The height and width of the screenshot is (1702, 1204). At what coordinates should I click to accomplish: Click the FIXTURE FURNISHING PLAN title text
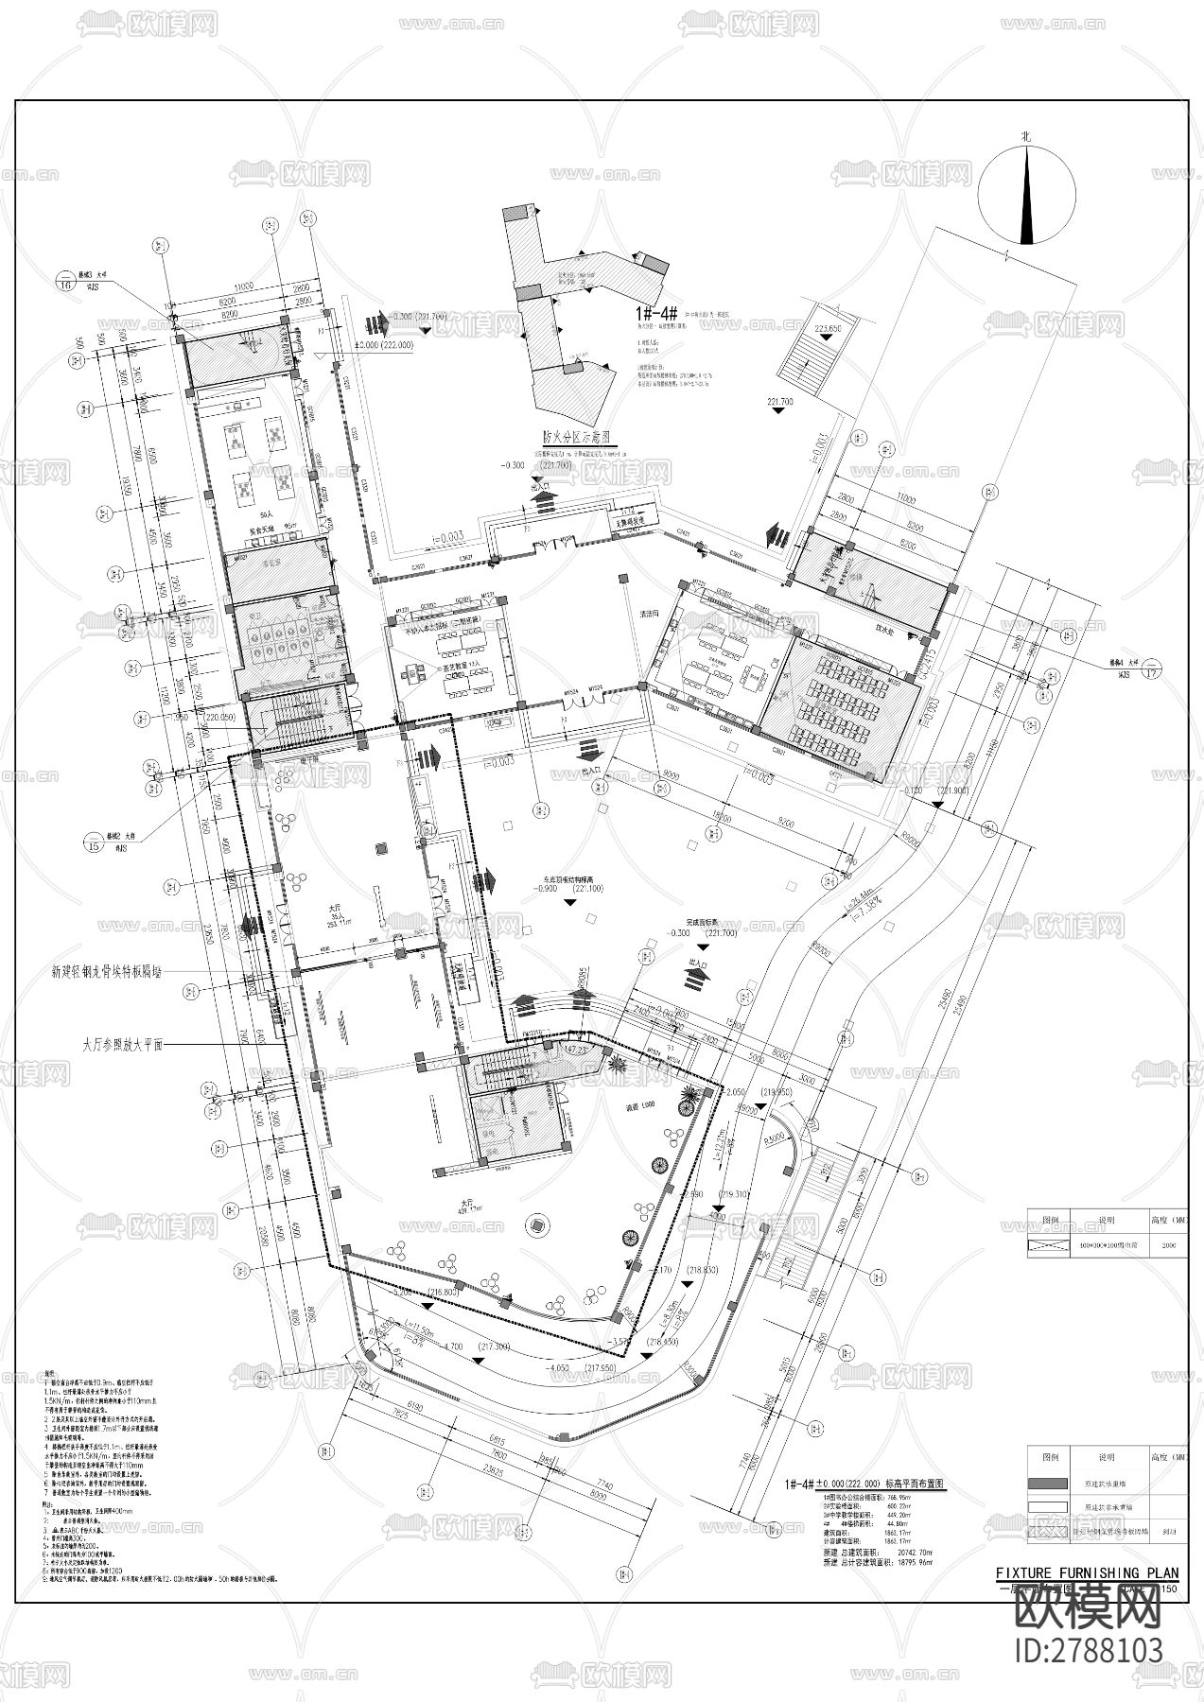coord(1088,1573)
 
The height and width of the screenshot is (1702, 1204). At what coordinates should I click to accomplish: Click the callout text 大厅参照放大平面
coord(124,1046)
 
